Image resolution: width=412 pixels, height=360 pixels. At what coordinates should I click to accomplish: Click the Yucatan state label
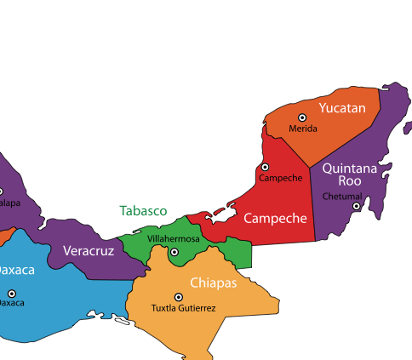[341, 108]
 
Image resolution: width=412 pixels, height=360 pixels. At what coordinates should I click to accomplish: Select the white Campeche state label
[274, 219]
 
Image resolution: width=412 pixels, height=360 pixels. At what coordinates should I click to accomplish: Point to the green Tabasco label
[143, 210]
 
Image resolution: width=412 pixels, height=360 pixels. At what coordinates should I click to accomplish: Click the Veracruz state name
[88, 251]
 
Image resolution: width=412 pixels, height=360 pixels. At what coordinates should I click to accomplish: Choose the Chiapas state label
[213, 283]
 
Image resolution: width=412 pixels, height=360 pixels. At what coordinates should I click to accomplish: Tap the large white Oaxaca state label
[16, 270]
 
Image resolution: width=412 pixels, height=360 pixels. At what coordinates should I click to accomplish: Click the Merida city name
[302, 129]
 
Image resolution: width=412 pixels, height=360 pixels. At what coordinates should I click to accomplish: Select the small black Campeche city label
[280, 178]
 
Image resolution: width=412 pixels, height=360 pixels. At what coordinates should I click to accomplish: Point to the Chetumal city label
[341, 197]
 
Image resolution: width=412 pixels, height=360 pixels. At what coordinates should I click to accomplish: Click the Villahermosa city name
[173, 239]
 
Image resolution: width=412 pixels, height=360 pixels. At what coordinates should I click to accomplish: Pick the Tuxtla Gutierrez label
[183, 308]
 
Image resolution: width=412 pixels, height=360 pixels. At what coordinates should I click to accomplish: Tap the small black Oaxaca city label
[10, 302]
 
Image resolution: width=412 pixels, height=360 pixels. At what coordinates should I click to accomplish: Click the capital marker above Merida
[301, 117]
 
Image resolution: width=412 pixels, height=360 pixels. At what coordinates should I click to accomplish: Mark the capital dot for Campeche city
[265, 168]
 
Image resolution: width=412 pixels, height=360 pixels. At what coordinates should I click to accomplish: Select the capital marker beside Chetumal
[357, 206]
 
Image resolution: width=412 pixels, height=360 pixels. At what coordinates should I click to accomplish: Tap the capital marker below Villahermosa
[174, 252]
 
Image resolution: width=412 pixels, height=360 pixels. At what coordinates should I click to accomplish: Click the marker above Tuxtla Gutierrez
[179, 296]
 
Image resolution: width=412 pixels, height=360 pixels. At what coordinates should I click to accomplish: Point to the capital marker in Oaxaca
[11, 293]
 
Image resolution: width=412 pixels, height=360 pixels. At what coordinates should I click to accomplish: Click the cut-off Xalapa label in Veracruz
[9, 203]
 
